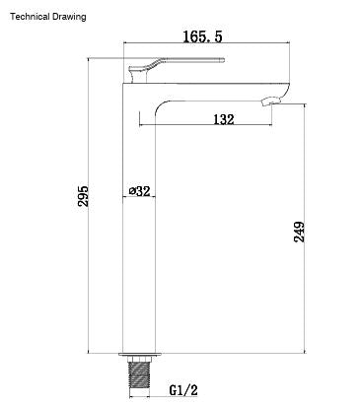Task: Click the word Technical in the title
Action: (30, 17)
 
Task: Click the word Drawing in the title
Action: (69, 17)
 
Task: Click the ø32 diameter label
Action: (139, 190)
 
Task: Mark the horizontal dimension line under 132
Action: (207, 126)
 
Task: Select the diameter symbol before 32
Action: (132, 190)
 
